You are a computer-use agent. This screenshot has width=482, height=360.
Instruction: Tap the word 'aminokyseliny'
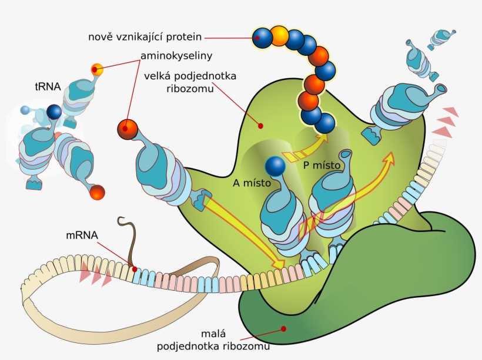(x=176, y=56)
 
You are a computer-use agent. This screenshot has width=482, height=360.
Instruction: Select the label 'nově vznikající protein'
(x=145, y=36)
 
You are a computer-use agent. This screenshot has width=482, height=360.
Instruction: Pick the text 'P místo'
(x=322, y=165)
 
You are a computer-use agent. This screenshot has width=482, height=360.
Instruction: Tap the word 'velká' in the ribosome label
(x=166, y=76)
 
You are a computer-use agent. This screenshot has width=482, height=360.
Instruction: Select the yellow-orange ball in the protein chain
(x=279, y=35)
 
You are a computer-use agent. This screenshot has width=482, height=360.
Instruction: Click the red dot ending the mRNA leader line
(x=135, y=269)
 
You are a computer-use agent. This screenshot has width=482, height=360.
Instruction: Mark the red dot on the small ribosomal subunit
(x=283, y=328)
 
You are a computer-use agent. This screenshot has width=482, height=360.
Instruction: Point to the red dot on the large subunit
(x=260, y=125)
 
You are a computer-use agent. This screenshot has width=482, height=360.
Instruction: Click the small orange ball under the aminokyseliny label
(x=97, y=70)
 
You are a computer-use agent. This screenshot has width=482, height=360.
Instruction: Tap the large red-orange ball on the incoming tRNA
(x=127, y=128)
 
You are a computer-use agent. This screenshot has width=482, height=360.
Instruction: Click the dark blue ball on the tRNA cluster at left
(x=54, y=112)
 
